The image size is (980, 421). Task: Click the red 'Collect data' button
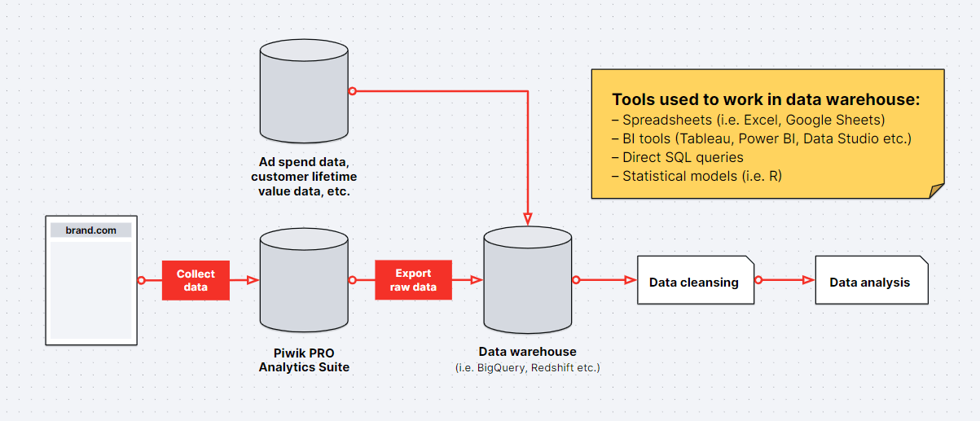196,280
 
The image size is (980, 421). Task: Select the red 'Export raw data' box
413,280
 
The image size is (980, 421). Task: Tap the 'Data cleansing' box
694,282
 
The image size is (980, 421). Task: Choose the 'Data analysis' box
870,282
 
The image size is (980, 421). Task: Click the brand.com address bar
90,230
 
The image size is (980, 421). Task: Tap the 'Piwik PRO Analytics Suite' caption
304,360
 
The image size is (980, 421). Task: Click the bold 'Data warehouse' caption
527,352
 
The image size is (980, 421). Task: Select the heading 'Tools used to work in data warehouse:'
766,99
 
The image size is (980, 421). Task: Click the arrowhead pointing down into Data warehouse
529,219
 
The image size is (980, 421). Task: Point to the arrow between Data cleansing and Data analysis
786,280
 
